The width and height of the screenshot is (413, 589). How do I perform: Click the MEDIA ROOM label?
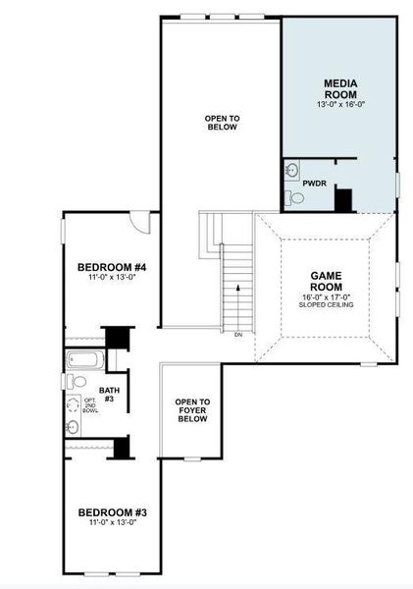pos(339,88)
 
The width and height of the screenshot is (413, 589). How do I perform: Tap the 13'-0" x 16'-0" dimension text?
pos(339,104)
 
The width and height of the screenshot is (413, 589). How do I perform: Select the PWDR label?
pos(315,184)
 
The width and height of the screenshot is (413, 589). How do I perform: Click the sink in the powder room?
pos(292,171)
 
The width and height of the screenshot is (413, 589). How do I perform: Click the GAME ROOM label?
pos(324,283)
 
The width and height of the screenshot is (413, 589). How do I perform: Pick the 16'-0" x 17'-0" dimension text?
pos(324,296)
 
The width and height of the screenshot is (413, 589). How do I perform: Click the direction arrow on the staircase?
pos(235,287)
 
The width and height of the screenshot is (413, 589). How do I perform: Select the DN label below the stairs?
pos(237,335)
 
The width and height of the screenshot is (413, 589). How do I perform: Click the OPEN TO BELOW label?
pos(222,123)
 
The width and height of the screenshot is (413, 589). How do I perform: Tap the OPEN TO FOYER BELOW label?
pos(192,410)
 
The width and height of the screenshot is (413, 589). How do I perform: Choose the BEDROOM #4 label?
pos(112,267)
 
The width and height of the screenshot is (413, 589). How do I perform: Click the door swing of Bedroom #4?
pos(143,222)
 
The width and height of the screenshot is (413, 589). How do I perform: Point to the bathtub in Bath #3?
pos(82,359)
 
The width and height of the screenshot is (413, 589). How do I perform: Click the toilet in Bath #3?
pos(75,381)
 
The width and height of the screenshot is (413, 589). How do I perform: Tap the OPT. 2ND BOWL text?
pos(90,405)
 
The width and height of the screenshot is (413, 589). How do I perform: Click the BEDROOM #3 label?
pos(113,512)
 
